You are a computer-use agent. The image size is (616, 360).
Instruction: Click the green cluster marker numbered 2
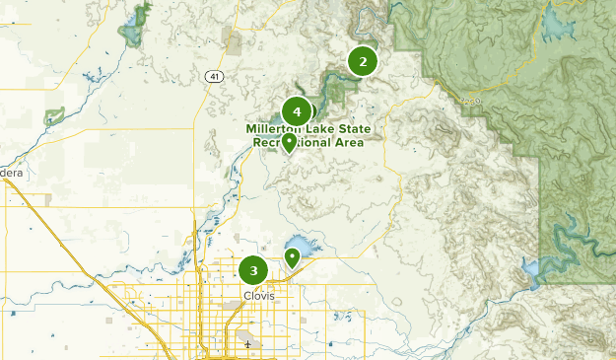[363, 62]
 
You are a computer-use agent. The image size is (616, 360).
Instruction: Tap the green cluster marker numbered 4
[297, 112]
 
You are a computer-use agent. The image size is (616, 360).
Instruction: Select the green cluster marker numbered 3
[253, 269]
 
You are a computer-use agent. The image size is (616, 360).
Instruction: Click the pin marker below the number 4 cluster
[289, 144]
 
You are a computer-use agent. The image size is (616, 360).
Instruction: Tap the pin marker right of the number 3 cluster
[293, 258]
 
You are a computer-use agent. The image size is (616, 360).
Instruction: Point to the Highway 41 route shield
[214, 76]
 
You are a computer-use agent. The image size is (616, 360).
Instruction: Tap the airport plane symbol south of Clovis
[248, 344]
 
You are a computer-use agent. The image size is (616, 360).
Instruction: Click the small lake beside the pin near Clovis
[302, 244]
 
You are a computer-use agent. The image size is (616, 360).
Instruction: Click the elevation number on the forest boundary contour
[470, 99]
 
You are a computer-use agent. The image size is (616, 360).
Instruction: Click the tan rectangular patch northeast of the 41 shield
[233, 40]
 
